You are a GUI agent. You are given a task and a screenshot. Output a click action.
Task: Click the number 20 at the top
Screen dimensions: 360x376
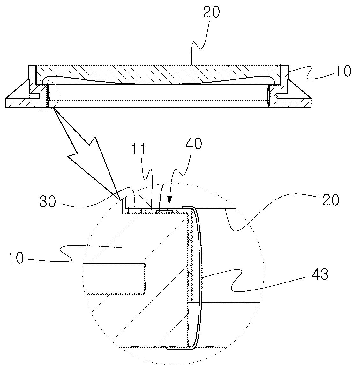coord(211,12)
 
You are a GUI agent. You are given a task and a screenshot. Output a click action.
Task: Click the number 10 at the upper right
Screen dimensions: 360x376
coord(343,71)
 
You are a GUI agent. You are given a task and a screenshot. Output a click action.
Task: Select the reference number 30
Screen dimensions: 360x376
coord(48,201)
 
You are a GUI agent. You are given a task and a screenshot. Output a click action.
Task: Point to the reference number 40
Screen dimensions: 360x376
coord(193,144)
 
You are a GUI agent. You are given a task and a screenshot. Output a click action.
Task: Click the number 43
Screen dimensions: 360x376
coord(320,274)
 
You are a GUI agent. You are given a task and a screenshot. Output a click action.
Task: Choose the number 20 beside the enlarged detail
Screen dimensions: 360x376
coord(331,199)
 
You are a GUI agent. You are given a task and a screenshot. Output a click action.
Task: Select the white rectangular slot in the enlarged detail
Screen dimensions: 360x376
coord(114,278)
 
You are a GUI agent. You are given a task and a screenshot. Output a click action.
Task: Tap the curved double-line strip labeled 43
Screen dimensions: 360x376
coord(198,276)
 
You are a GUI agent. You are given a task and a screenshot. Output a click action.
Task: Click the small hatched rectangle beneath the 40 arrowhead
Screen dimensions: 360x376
coord(165,211)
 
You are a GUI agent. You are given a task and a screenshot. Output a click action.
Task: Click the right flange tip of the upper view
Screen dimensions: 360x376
coord(311,102)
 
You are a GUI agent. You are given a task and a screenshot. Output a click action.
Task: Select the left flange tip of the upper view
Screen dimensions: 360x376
coord(6,102)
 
